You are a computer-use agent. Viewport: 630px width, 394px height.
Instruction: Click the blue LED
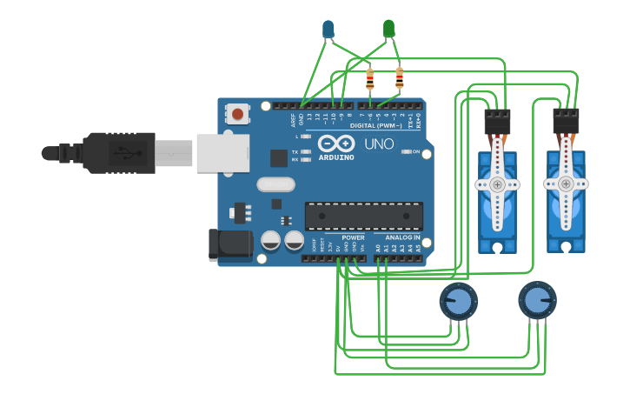click(328, 30)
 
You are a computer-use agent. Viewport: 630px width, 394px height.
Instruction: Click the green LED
click(389, 29)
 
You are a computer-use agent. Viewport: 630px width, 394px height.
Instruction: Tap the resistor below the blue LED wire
click(370, 80)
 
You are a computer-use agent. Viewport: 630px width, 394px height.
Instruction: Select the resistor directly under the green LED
click(400, 79)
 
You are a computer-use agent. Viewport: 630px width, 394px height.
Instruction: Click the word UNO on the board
click(378, 144)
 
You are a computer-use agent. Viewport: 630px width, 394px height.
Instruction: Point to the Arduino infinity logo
click(335, 144)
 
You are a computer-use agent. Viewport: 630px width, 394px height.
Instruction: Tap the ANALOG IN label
click(397, 237)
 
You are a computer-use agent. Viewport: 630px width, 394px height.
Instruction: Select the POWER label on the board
click(353, 237)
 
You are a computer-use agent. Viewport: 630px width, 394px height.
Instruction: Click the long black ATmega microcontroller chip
click(363, 216)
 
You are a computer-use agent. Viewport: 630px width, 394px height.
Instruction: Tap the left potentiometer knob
click(458, 302)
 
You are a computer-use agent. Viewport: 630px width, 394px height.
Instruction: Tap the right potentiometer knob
click(537, 301)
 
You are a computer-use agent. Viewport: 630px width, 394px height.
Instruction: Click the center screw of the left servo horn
click(497, 184)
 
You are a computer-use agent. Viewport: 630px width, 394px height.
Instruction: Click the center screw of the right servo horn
click(566, 184)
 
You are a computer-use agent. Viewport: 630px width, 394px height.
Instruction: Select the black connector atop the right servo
click(566, 121)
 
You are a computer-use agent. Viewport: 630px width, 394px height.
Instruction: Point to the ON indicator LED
click(406, 151)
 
